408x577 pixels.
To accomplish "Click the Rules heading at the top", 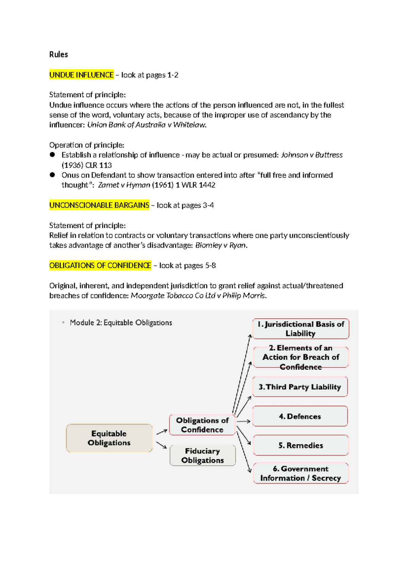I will click(58, 54).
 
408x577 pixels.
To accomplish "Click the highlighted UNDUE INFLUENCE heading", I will click(81, 75).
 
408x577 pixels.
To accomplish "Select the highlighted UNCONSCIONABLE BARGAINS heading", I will click(99, 205).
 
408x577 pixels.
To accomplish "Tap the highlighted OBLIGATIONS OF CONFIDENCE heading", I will click(100, 265).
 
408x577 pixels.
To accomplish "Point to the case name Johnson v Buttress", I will click(311, 155).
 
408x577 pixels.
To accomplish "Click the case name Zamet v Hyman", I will click(124, 185).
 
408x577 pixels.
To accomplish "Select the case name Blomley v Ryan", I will click(220, 245).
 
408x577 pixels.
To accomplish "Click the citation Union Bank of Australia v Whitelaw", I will click(146, 125).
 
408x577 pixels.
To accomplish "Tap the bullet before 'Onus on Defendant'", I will click(52, 175).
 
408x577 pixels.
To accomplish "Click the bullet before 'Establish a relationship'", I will click(52, 155).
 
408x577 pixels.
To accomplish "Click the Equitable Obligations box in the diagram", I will click(109, 438).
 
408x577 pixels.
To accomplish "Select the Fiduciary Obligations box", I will click(203, 456).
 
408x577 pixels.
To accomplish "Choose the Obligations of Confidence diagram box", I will click(202, 425).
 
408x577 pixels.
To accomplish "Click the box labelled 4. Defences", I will click(300, 416).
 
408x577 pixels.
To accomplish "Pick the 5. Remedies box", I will click(301, 445).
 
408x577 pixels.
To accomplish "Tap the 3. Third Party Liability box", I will click(300, 387).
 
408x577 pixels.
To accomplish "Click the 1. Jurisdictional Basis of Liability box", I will click(301, 329).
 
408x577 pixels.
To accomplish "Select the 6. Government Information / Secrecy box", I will click(301, 473).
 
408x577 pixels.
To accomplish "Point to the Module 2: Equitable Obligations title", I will click(121, 323).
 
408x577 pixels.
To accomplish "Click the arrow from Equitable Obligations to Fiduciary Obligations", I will click(161, 445).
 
